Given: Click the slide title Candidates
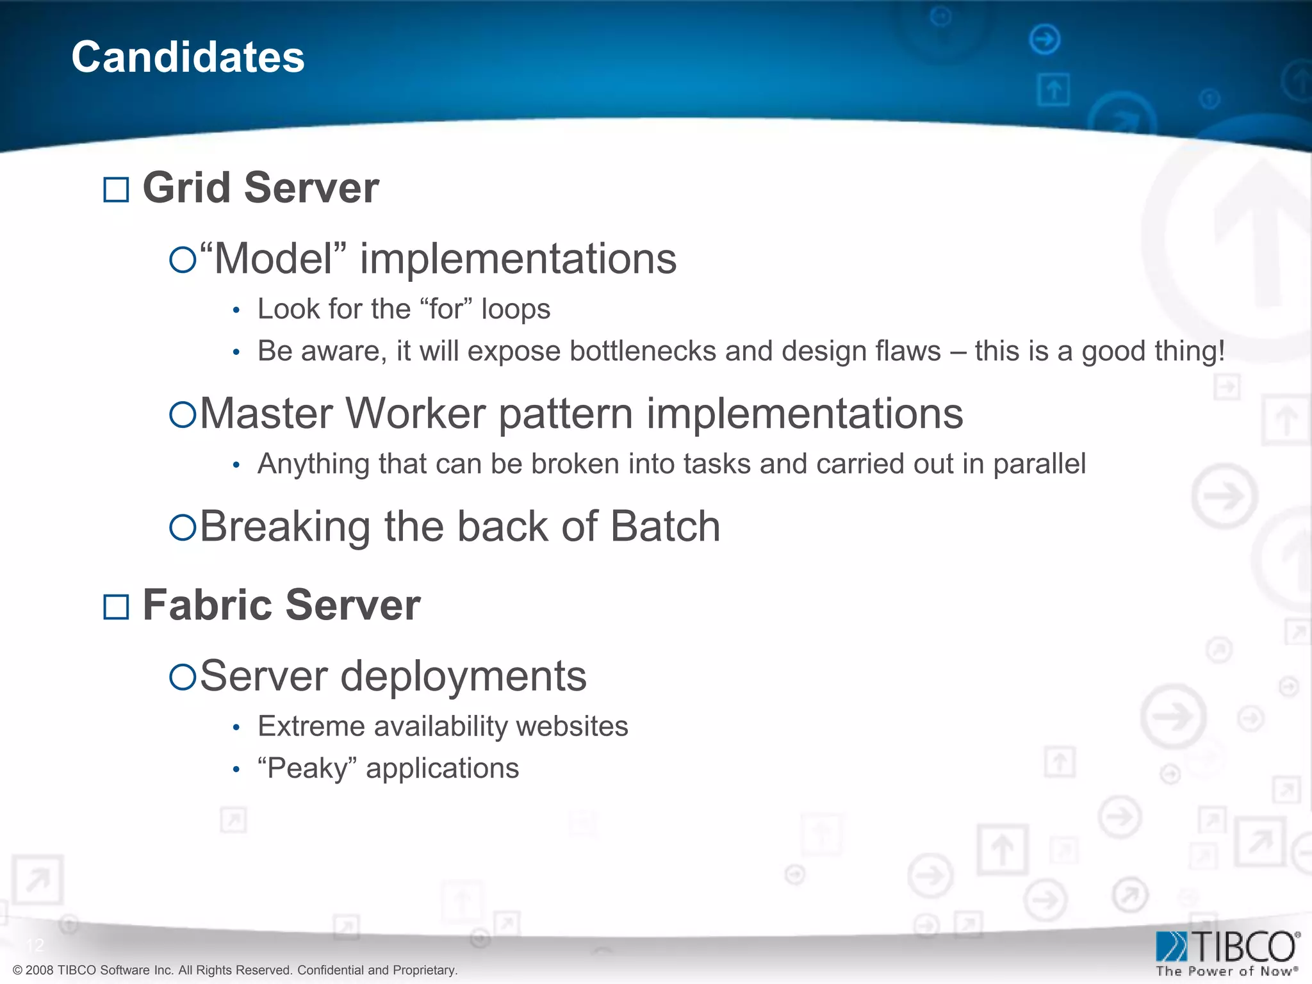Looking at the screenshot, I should (188, 56).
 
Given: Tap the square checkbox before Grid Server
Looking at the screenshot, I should (116, 190).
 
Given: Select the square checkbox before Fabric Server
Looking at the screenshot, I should (116, 607).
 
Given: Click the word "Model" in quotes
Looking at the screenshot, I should (273, 259).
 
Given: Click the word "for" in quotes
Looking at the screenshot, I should (446, 309).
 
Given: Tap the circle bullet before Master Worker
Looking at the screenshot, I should (183, 414).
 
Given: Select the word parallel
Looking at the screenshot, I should (1039, 464).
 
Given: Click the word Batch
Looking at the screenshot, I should (665, 527).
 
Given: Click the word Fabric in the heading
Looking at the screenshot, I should (208, 605).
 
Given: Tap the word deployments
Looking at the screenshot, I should (463, 676).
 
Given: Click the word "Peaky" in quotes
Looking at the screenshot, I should (307, 768).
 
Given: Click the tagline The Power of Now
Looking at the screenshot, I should (1225, 971).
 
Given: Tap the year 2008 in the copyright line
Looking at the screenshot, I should (40, 970).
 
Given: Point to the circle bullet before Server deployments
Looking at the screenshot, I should (183, 677).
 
